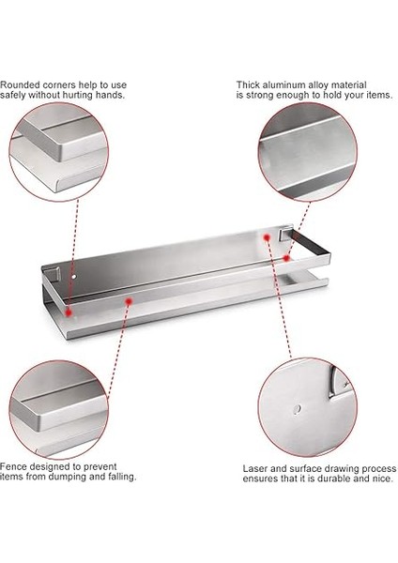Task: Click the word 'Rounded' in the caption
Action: coord(20,85)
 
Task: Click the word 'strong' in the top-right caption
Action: coord(260,95)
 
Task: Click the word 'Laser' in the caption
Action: coord(253,468)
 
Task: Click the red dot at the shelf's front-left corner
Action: coord(69,312)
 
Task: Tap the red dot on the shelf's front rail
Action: coord(129,301)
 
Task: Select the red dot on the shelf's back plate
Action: coord(267,237)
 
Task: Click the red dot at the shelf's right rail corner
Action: coord(286,258)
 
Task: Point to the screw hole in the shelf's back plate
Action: coord(74,277)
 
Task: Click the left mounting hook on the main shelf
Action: coord(54,274)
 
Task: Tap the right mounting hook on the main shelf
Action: coord(286,233)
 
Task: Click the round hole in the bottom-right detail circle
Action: coord(297,409)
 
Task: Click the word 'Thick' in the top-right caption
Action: coord(248,85)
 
